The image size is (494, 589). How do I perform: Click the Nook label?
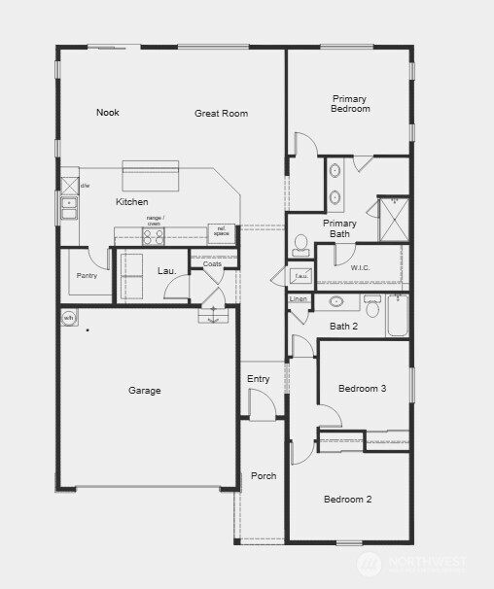107,113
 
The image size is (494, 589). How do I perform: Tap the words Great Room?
221,114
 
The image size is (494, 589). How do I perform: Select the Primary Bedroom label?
350,104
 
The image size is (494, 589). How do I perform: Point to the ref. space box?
222,233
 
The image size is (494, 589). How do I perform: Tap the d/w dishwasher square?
70,186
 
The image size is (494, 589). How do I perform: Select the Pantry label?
87,275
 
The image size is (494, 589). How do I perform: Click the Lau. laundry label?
166,270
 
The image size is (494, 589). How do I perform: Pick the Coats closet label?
213,263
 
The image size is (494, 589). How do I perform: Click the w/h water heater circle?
69,318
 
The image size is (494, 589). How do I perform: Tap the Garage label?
145,391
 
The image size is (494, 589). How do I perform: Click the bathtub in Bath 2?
399,316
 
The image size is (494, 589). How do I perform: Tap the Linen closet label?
299,299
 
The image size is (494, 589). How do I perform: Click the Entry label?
258,379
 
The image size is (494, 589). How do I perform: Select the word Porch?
263,476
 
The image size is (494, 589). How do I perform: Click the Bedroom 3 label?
362,389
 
